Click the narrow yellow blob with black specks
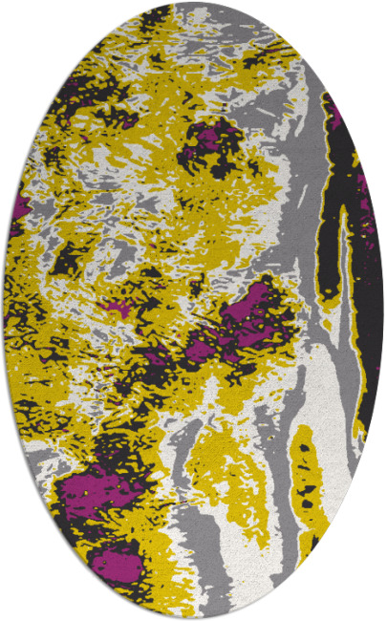[x=307, y=478]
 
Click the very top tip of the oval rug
[x=193, y=3]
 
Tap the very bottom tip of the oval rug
[x=193, y=618]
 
